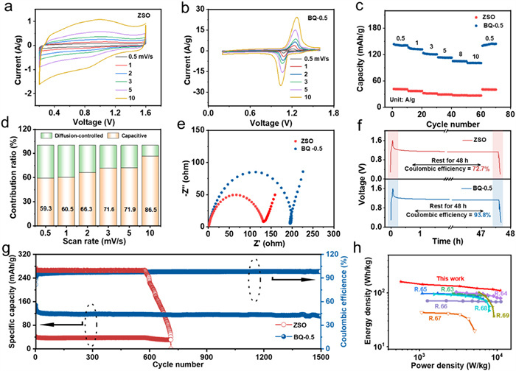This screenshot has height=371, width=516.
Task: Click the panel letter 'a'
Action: (x=7, y=8)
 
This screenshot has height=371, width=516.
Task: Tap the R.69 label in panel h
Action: (x=503, y=315)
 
